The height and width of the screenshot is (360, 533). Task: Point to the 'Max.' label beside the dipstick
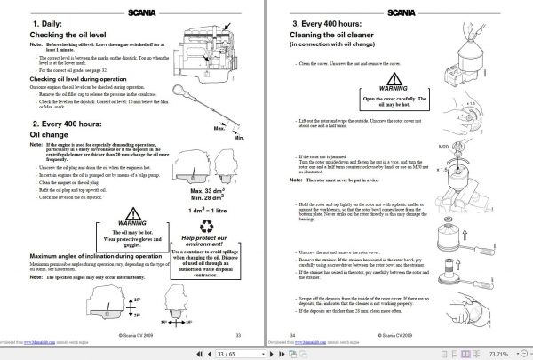[x=216, y=129]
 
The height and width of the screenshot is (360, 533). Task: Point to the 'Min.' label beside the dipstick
[x=235, y=140]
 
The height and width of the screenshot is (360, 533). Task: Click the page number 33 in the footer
[x=238, y=335]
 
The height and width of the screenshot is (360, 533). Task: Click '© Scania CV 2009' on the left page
[x=133, y=335]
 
